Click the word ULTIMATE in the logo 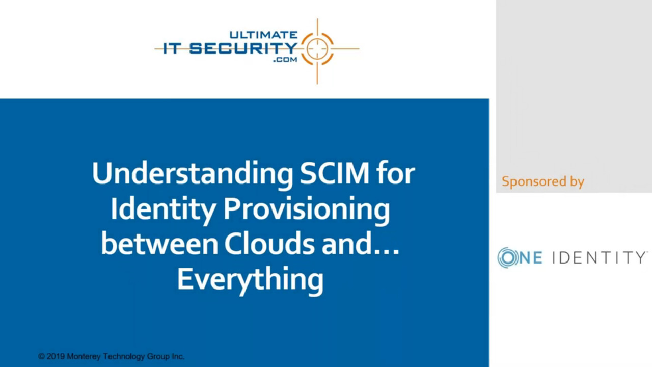tap(263, 35)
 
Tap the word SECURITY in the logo tap(243, 48)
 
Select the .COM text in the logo tap(285, 60)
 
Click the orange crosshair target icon tap(317, 49)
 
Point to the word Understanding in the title tap(193, 174)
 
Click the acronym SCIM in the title tap(335, 173)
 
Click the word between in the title tap(159, 244)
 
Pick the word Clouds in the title tap(269, 244)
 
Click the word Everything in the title tap(250, 279)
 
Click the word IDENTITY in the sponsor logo tap(599, 257)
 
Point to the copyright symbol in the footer tap(41, 356)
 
